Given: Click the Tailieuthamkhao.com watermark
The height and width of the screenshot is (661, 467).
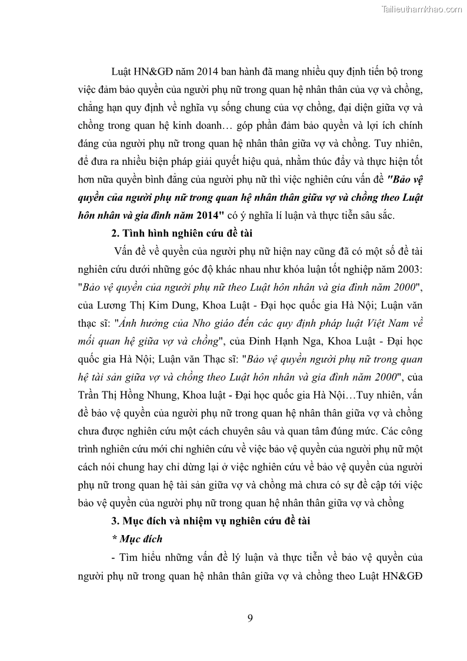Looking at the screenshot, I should point(422,9).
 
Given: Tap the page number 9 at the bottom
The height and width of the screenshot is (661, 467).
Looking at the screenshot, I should point(251,617).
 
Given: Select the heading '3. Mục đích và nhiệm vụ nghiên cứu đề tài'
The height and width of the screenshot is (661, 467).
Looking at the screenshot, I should point(204,520).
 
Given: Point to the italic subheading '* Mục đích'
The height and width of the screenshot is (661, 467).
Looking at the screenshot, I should point(136,538).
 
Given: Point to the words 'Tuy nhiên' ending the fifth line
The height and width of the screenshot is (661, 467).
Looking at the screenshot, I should point(400,144).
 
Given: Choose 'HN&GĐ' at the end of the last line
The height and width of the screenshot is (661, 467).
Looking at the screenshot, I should point(405,574).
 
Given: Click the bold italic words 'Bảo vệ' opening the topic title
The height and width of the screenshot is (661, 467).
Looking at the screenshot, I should point(406,180).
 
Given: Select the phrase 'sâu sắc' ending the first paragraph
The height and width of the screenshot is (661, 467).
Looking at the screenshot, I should point(377,215).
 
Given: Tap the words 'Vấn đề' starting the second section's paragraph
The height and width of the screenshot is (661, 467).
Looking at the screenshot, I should point(132,251).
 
